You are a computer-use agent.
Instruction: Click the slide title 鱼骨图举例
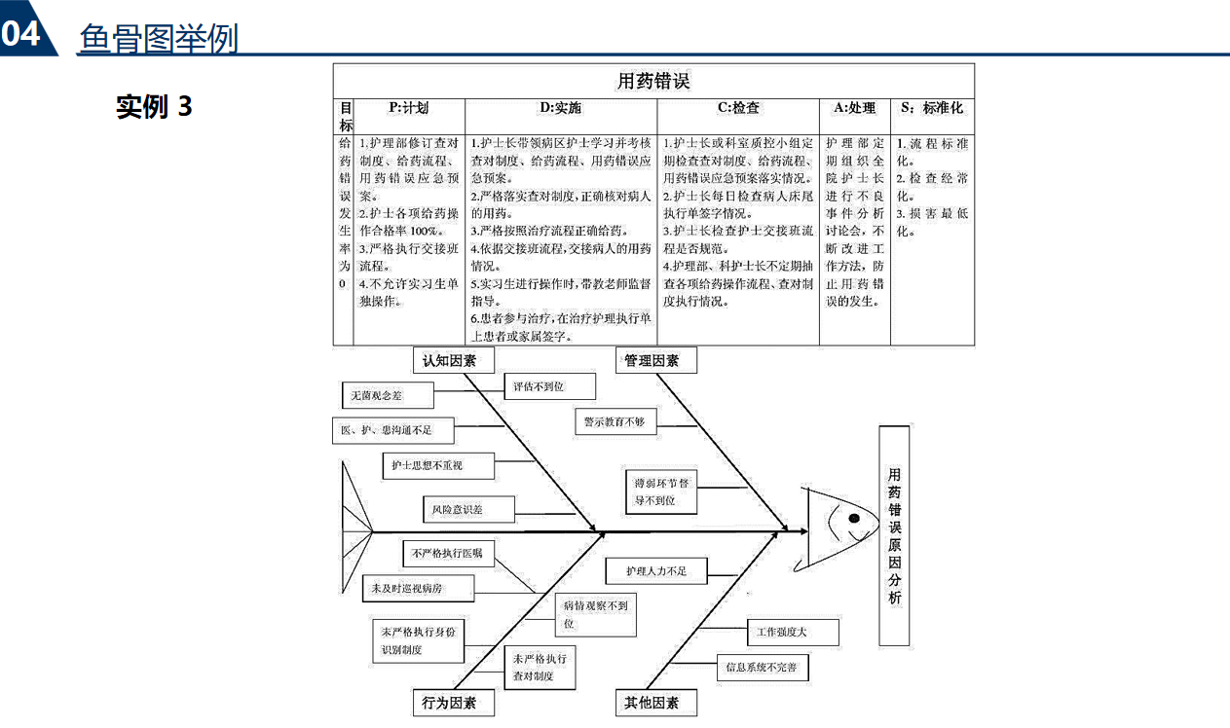(x=158, y=39)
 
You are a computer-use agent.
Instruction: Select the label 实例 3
(x=154, y=106)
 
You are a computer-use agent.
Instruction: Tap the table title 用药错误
(x=653, y=81)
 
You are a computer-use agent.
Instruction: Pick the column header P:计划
(x=408, y=109)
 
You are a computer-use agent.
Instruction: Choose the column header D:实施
(x=560, y=109)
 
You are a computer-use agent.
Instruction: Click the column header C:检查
(x=738, y=109)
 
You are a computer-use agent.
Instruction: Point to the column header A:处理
(x=854, y=109)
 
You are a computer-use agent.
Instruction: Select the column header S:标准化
(x=931, y=109)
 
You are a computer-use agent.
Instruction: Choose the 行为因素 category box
(x=449, y=703)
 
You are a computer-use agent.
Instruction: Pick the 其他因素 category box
(x=652, y=703)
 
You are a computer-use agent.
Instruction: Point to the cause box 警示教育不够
(x=615, y=421)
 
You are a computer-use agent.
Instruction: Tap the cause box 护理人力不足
(x=655, y=571)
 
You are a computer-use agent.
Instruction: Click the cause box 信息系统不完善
(x=762, y=668)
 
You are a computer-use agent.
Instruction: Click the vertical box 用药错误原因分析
(x=894, y=535)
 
